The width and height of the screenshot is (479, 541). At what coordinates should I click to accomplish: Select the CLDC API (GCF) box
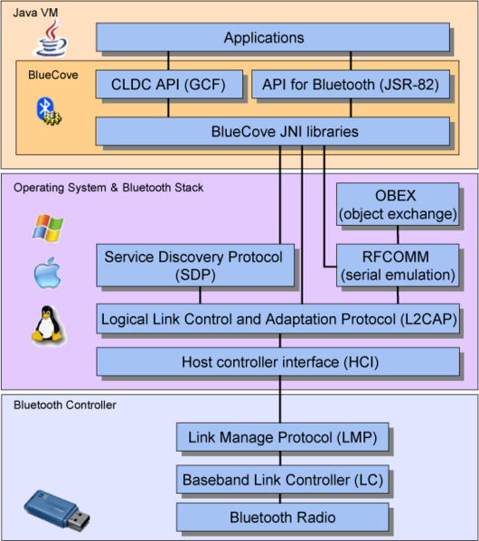169,85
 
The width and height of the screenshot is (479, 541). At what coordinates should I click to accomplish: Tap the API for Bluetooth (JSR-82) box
349,85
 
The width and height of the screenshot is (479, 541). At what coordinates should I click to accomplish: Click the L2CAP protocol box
278,319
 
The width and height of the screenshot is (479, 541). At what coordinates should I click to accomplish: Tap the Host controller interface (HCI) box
278,363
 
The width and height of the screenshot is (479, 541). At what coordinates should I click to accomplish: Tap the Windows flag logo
46,229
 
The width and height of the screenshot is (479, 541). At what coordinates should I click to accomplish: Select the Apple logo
46,275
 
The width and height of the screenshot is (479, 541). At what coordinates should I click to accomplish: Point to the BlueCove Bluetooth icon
46,111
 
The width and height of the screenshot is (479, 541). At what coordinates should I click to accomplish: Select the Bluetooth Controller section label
65,405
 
